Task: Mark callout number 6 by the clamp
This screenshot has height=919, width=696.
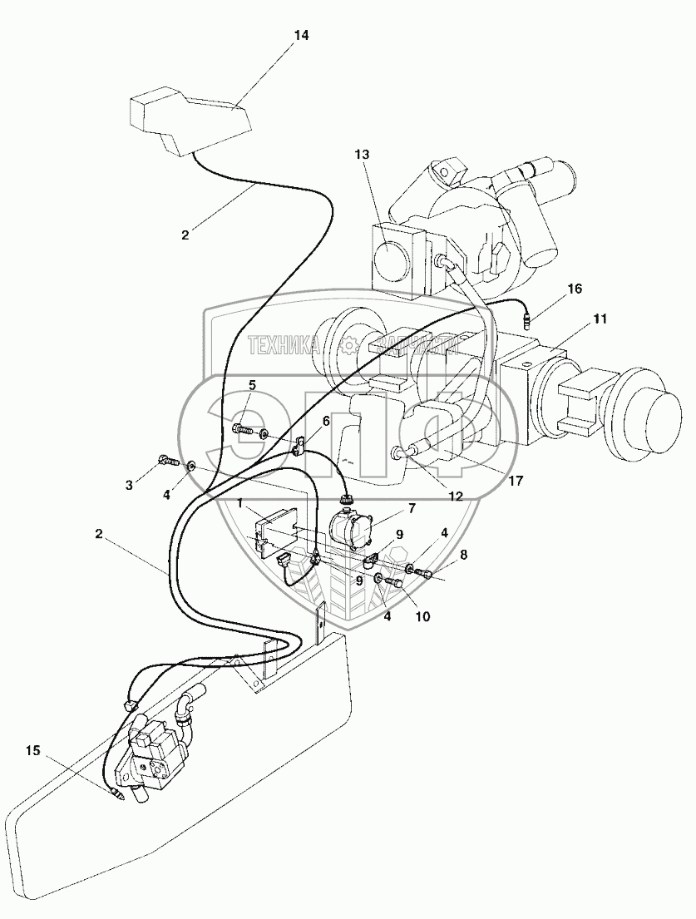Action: [x=326, y=422]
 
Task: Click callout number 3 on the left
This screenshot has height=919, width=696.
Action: [x=130, y=484]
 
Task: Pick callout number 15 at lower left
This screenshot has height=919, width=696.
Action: [x=32, y=751]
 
